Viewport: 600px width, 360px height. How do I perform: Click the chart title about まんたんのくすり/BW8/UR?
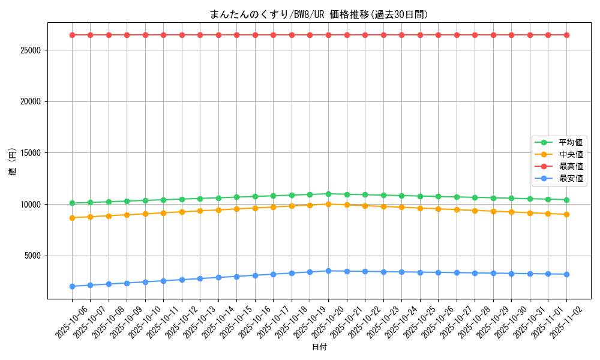[319, 14]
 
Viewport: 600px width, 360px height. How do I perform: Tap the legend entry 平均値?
[571, 142]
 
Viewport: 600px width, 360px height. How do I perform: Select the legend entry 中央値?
[571, 154]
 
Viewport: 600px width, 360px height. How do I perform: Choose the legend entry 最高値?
[571, 166]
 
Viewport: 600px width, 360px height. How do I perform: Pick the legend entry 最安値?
[571, 178]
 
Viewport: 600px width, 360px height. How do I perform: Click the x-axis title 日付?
[319, 347]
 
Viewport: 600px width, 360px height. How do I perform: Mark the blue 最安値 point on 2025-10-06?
[72, 286]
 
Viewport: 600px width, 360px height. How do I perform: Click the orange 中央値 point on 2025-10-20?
[328, 204]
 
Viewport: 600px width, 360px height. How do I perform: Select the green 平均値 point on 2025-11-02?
[566, 200]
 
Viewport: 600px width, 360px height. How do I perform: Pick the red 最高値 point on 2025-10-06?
[72, 35]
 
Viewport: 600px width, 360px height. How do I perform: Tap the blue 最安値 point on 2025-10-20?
[328, 271]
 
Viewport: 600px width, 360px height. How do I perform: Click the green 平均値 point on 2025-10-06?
[72, 203]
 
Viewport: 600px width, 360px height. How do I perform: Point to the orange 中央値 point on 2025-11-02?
[566, 214]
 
